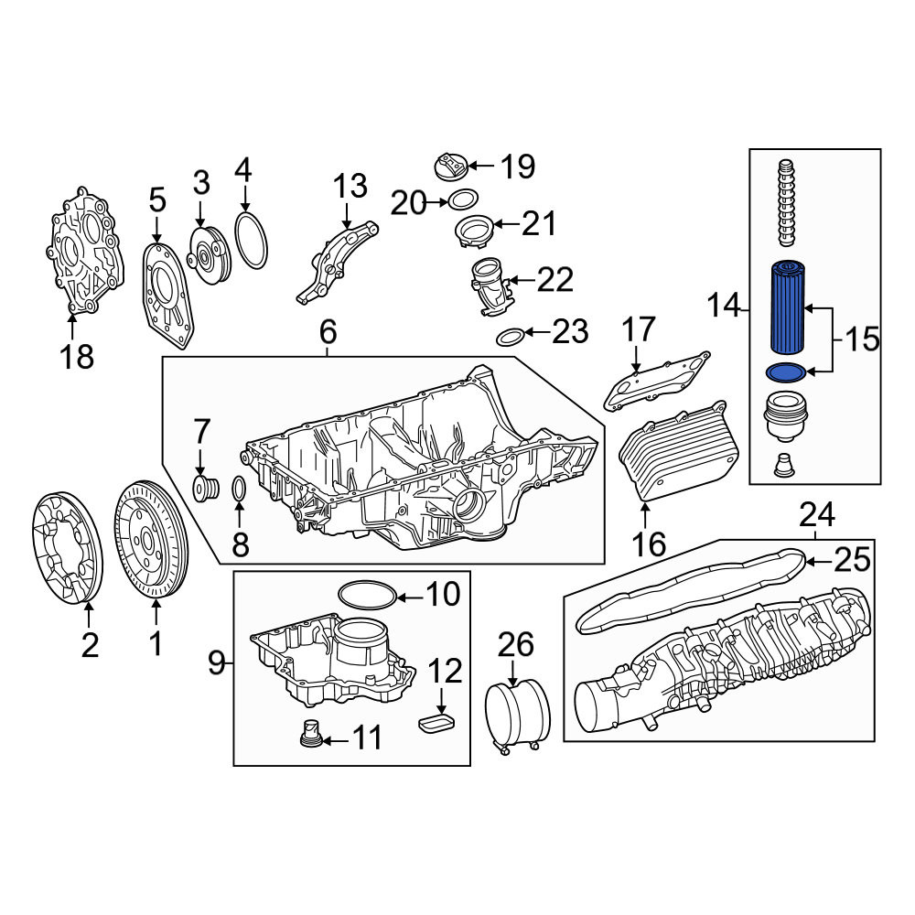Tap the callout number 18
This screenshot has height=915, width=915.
click(77, 357)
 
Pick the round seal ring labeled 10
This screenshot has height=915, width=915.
click(368, 595)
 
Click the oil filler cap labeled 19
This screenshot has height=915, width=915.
click(452, 167)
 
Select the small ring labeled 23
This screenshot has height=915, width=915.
click(510, 337)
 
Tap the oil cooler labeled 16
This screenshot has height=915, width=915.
click(677, 451)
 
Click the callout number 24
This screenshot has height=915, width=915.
click(817, 514)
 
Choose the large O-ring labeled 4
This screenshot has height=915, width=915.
click(253, 241)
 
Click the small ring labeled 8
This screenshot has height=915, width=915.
click(239, 489)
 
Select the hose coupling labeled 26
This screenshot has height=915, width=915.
click(518, 714)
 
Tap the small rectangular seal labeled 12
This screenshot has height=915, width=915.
click(436, 723)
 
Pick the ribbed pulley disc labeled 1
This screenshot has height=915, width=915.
click(152, 539)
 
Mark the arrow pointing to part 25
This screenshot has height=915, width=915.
click(817, 562)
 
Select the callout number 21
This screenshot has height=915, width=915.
click(539, 223)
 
